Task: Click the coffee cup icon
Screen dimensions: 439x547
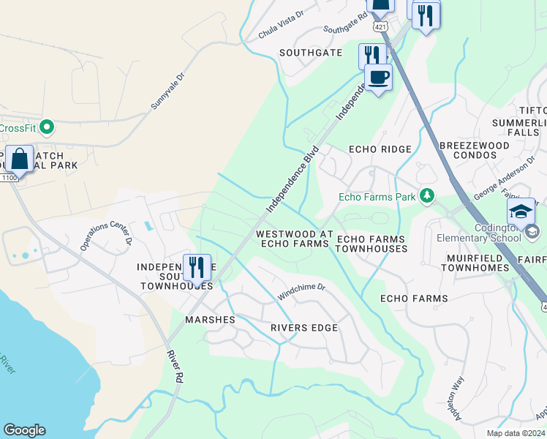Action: tap(378, 77)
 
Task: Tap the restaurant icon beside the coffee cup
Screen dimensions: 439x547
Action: tap(371, 56)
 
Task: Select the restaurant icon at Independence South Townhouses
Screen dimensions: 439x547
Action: tap(196, 268)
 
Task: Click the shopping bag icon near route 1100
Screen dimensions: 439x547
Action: tap(19, 158)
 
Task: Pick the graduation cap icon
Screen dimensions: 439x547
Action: tap(521, 211)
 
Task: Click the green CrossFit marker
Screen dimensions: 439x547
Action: tap(47, 128)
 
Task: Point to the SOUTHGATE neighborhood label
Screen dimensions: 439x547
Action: tap(311, 53)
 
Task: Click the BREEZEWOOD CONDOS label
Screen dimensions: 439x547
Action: tap(475, 150)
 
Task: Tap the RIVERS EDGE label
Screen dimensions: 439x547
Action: tap(304, 328)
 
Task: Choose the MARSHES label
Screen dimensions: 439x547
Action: tap(210, 320)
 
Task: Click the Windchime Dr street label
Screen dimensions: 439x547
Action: tap(301, 290)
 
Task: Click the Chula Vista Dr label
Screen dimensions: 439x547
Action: tap(280, 30)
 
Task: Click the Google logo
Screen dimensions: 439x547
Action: tap(24, 430)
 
